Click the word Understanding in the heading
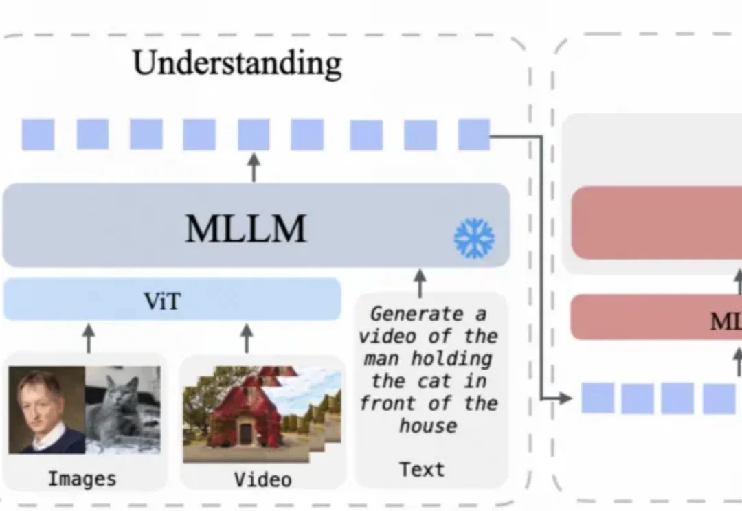point(237,64)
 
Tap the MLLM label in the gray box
point(245,229)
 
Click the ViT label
point(162,301)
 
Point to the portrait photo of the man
point(46,411)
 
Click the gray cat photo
point(123,411)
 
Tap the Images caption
point(82,478)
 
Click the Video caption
point(262,479)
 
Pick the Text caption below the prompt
point(422,469)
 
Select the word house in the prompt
point(428,426)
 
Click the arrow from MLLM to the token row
point(254,168)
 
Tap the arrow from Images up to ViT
point(88,338)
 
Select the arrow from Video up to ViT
point(247,338)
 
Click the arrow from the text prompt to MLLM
point(420,282)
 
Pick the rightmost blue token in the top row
point(474,135)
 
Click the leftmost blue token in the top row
point(38,135)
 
